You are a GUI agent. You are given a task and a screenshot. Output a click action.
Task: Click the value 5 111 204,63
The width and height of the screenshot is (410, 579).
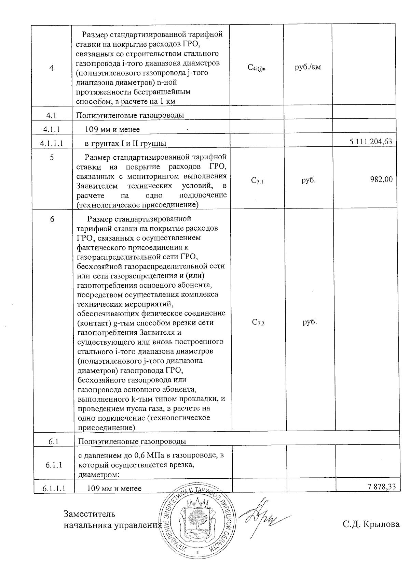tap(371, 142)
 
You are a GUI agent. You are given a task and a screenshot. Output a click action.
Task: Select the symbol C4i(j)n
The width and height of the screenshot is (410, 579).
tap(257, 68)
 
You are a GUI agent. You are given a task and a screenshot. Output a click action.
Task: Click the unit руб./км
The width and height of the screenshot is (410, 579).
tap(307, 67)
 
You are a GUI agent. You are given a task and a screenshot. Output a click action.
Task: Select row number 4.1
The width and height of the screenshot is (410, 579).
tap(51, 115)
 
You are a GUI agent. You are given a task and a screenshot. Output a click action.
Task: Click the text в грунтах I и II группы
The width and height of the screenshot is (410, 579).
tap(125, 143)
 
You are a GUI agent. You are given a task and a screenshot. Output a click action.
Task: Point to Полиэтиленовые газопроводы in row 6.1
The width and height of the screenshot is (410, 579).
tap(132, 441)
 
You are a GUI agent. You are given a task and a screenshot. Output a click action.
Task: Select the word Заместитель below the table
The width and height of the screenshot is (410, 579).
tap(90, 514)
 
